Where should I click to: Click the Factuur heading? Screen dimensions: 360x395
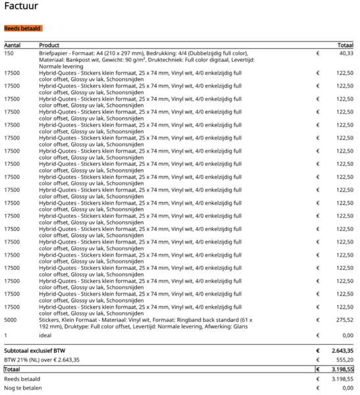point(20,7)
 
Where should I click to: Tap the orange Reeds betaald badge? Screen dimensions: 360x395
point(23,28)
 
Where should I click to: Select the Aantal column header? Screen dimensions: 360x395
point(13,45)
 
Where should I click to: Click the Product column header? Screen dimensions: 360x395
point(49,45)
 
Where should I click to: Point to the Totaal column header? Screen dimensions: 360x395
point(346,45)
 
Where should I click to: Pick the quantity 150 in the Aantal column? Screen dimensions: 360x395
point(9,53)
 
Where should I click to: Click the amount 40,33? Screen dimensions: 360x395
point(346,53)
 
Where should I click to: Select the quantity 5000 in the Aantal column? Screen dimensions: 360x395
point(11,319)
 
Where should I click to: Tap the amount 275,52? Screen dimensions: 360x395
point(345,319)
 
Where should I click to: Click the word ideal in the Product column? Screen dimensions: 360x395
point(45,336)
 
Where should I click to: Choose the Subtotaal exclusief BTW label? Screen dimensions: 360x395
point(35,352)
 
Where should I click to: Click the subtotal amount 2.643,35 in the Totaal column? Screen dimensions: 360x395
point(342,352)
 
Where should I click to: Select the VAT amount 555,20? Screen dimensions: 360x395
point(345,360)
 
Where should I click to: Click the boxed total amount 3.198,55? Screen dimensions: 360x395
point(342,370)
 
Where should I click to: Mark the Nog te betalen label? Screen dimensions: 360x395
point(22,388)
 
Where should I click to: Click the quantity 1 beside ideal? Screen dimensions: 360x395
point(5,336)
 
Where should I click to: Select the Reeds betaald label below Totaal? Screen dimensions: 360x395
point(22,379)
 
